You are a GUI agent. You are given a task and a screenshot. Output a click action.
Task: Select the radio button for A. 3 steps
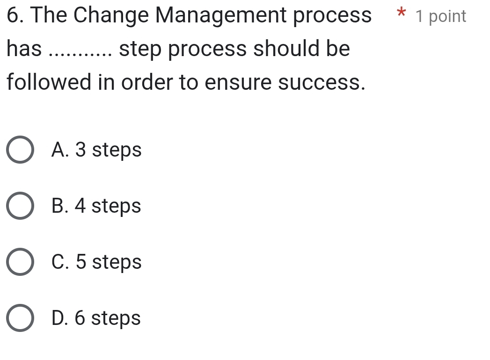20,151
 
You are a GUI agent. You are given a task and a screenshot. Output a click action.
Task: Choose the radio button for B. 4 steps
20,206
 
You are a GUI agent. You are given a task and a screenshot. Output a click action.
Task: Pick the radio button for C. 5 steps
20,262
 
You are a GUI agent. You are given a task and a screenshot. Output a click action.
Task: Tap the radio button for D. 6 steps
20,318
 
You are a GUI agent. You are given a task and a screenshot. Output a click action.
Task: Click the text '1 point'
441,16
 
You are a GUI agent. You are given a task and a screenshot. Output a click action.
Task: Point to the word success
321,83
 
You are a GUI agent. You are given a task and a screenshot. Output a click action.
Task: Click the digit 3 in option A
80,150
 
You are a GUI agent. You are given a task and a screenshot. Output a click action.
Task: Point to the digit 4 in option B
80,206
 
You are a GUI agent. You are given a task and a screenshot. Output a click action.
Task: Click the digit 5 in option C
80,262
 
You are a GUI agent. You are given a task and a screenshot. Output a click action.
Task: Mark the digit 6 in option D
80,318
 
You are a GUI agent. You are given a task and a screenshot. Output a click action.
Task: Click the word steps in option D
116,319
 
